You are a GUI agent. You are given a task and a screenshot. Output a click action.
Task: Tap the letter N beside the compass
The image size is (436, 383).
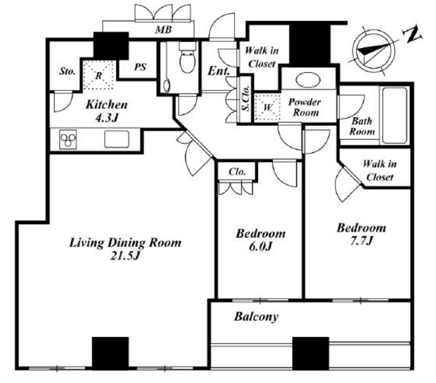(412, 36)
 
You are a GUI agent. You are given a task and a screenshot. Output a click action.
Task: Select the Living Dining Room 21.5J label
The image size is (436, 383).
(125, 249)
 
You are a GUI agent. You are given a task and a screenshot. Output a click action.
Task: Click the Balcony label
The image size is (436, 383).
(256, 317)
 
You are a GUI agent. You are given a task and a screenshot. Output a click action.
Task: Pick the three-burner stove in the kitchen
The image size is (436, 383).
(70, 139)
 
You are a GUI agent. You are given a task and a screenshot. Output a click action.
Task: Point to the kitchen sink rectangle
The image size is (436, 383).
(116, 139)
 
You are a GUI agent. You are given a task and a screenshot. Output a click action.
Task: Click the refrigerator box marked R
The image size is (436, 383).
(98, 75)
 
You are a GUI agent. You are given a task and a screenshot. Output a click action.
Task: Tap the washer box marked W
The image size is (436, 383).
(267, 107)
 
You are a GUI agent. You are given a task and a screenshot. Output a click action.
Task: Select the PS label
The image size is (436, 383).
(140, 67)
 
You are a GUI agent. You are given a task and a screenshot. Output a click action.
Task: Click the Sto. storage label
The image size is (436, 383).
(67, 71)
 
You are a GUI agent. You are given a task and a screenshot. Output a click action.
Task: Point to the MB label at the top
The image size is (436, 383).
(162, 30)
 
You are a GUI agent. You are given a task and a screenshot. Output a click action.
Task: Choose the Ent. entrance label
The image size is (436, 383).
(219, 71)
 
